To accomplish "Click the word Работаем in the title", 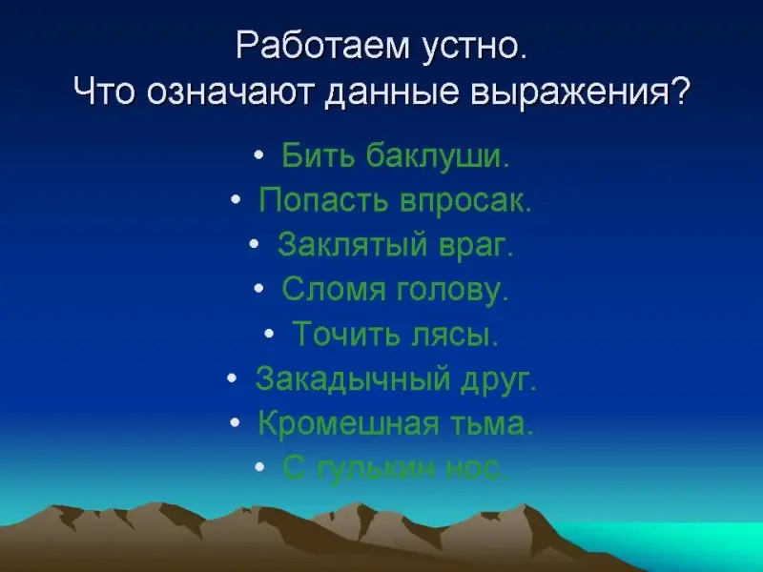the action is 322,46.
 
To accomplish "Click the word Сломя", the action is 334,289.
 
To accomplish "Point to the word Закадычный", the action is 353,378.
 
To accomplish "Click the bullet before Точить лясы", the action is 269,335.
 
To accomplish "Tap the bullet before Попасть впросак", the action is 236,199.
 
